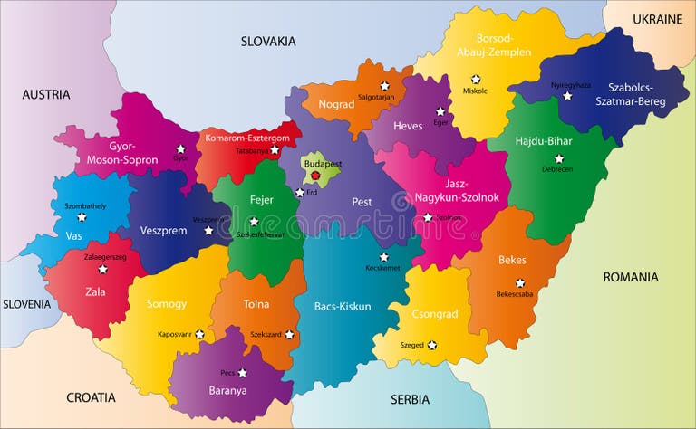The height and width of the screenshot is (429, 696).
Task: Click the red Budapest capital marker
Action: click(x=314, y=176)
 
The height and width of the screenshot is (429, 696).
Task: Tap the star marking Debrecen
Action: click(x=559, y=158)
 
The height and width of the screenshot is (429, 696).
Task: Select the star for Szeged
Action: click(x=431, y=345)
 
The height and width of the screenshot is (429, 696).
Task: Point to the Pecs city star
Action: click(x=242, y=372)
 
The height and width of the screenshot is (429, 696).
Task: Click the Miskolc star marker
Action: click(x=475, y=80)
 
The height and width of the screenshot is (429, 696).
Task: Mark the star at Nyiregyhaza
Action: click(x=567, y=96)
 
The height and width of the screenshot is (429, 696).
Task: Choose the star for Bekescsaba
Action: click(x=520, y=283)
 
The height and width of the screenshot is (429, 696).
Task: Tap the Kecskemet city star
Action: click(x=383, y=256)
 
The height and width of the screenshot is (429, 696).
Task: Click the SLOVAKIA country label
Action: click(x=268, y=41)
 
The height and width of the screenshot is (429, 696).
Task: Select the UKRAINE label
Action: click(x=657, y=19)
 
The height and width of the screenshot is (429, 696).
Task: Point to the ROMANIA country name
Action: click(x=631, y=277)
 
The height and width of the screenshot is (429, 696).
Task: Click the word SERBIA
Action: click(x=410, y=399)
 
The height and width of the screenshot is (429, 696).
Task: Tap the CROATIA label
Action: click(x=91, y=397)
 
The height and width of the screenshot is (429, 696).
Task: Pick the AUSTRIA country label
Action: click(x=46, y=94)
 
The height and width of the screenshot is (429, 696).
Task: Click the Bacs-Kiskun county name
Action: click(x=343, y=306)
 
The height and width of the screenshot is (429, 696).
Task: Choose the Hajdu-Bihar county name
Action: click(x=545, y=142)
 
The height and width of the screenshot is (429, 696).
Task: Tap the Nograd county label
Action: click(x=335, y=104)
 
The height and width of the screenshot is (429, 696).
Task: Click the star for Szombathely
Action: click(x=82, y=217)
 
